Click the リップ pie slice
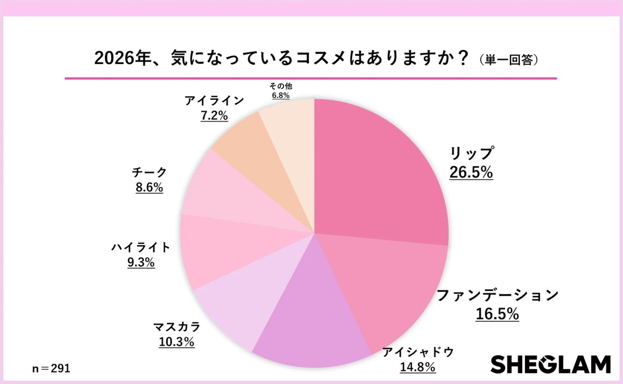[x=379, y=171]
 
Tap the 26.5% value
[x=471, y=172]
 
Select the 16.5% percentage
[x=497, y=314]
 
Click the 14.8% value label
[x=417, y=367]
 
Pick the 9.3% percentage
[x=141, y=262]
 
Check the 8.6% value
[x=150, y=188]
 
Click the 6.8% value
[x=280, y=96]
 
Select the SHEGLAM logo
[x=550, y=364]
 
